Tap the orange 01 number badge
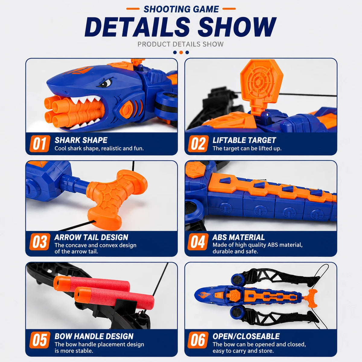40,144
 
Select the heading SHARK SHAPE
81,140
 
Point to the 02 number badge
198,144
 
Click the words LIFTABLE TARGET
244,140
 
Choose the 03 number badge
40,242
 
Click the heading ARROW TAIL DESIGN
91,237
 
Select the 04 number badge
198,242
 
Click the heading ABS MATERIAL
239,237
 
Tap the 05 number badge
40,340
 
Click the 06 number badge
198,340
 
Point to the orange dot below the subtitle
181,52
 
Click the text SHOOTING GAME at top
181,9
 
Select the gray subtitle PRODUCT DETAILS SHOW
180,44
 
